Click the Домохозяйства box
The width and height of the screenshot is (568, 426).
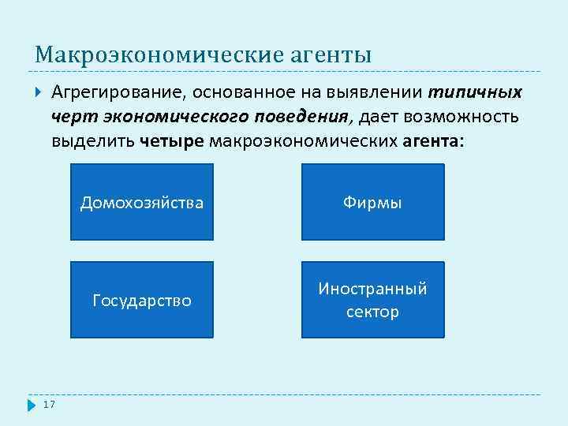coord(142,202)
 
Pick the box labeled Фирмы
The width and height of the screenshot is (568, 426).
coord(372,202)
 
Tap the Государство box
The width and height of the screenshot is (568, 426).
coord(142,300)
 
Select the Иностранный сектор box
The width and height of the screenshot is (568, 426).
coord(372,300)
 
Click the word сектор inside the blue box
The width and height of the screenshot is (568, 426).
coord(372,312)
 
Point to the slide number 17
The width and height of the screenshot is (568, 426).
coord(49,405)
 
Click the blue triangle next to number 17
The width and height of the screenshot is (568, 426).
coord(32,405)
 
